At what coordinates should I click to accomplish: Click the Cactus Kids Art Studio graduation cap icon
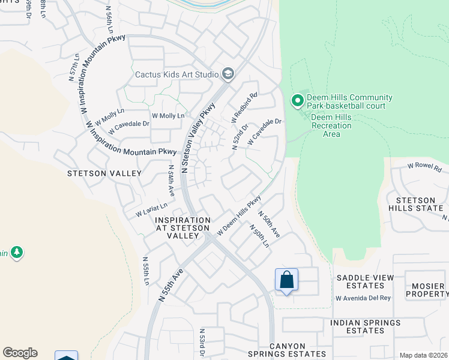point(228,74)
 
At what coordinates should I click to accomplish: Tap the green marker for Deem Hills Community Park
point(297,101)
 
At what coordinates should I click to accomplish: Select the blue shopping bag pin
point(286,280)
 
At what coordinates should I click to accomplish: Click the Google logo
point(20,353)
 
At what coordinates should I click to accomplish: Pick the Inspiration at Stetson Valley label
point(182,228)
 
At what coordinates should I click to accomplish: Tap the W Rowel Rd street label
point(424,166)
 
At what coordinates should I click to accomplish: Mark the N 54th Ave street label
point(171,181)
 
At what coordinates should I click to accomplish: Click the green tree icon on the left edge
point(17,253)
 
